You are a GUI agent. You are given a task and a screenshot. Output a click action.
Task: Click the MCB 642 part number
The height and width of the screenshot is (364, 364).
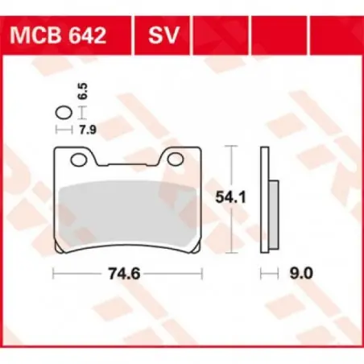58,35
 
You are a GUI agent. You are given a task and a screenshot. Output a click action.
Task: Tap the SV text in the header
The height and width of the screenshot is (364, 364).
163,35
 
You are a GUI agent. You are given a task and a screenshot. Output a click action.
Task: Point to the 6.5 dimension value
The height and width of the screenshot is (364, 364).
84,92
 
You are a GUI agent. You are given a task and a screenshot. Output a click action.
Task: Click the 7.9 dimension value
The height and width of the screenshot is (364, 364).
88,130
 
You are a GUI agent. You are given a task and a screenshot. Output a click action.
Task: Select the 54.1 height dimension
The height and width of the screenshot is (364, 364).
231,197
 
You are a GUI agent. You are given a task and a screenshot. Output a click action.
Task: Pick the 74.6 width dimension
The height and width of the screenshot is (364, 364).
124,274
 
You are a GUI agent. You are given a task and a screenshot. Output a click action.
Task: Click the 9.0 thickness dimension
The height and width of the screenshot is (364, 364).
301,274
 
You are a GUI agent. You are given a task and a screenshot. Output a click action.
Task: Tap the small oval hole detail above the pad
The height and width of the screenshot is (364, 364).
64,113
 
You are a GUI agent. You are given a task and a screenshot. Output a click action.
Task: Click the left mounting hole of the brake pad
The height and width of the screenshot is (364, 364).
79,159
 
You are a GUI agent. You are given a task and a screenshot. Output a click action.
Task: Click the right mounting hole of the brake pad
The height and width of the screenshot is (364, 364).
176,159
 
